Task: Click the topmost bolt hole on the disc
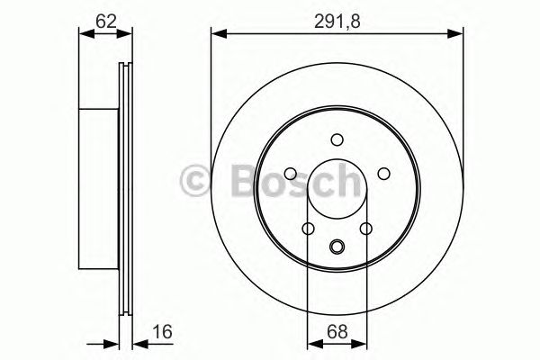pos(337,139)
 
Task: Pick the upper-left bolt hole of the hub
pos(291,174)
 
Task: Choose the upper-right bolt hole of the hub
pos(382,174)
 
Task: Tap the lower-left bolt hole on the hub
pos(308,229)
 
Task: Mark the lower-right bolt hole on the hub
pos(365,229)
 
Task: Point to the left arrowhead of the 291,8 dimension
pos(217,34)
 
